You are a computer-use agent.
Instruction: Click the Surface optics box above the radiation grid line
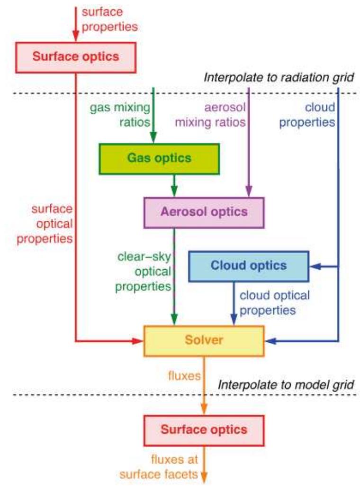point(76,56)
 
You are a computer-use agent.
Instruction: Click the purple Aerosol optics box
point(204,211)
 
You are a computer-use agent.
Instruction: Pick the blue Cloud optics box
point(249,265)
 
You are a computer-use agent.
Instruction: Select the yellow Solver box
point(204,341)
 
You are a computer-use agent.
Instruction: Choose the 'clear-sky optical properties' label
point(144,272)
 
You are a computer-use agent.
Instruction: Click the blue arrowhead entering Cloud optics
point(315,267)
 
